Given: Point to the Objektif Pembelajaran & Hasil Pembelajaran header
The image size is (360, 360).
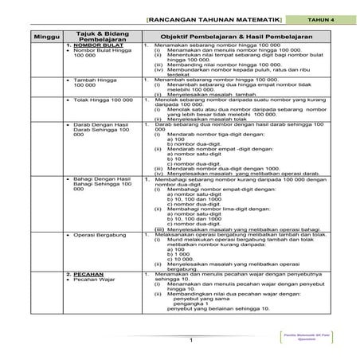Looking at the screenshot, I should pyautogui.click(x=229, y=37).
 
